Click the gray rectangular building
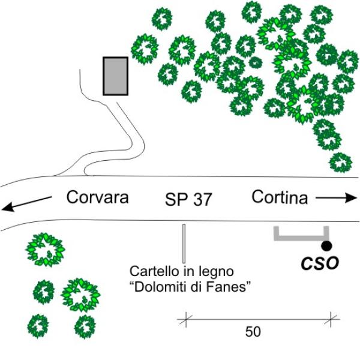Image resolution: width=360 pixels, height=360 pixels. pyautogui.click(x=115, y=76)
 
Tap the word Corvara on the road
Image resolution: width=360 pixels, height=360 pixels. pyautogui.click(x=98, y=197)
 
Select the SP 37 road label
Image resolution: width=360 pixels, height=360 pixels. pyautogui.click(x=188, y=199)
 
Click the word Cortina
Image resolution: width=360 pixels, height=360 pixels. pyautogui.click(x=280, y=197)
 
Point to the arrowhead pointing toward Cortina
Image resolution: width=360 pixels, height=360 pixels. pyautogui.click(x=351, y=198)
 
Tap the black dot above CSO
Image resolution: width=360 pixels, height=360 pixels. pyautogui.click(x=326, y=246)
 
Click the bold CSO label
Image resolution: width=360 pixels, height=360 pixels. pyautogui.click(x=320, y=263)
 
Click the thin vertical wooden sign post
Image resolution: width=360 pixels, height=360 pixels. pyautogui.click(x=184, y=244)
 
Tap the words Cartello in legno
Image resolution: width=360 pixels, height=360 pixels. pyautogui.click(x=182, y=272)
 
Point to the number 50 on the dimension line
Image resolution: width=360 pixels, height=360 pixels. pyautogui.click(x=253, y=332)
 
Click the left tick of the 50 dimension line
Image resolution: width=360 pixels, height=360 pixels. pyautogui.click(x=186, y=319)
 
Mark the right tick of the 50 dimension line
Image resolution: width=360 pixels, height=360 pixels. pyautogui.click(x=331, y=319)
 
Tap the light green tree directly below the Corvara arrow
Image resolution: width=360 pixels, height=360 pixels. pyautogui.click(x=45, y=250)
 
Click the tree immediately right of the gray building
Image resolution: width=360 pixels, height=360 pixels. pyautogui.click(x=145, y=49)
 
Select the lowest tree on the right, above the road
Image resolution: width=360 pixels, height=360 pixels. pyautogui.click(x=340, y=163)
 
